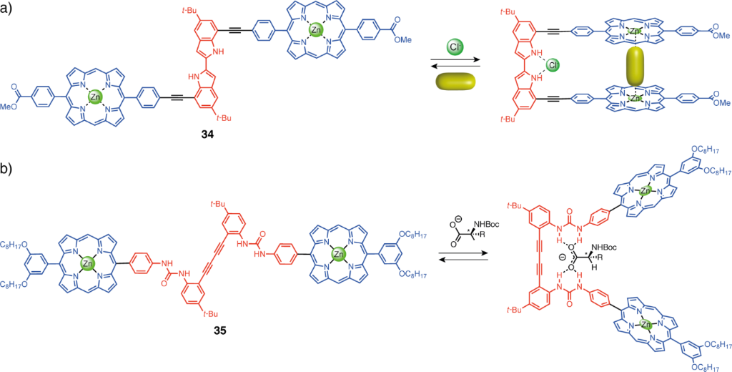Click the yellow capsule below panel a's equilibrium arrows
[x=455, y=82]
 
